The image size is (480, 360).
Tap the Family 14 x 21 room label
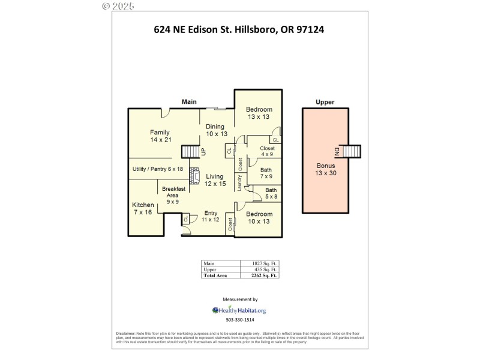tap(161, 136)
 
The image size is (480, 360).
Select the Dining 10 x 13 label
tap(215, 130)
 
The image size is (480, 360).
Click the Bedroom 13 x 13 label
tap(259, 113)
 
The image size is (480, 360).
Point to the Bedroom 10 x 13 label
tap(259, 218)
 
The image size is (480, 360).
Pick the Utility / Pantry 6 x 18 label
tap(157, 169)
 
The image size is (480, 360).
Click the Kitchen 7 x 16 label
tap(143, 209)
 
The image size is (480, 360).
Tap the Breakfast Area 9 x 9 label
tap(173, 196)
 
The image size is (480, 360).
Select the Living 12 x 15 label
tap(215, 180)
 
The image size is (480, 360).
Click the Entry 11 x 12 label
tap(211, 217)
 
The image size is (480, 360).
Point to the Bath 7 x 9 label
tap(266, 173)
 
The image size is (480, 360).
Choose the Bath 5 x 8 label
tap(271, 193)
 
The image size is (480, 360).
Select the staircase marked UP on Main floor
tap(190, 151)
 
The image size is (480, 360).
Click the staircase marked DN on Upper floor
tap(352, 151)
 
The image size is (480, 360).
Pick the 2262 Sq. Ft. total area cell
tap(265, 276)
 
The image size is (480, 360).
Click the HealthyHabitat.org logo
tap(239, 310)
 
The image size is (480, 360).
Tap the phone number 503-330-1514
tap(239, 320)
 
